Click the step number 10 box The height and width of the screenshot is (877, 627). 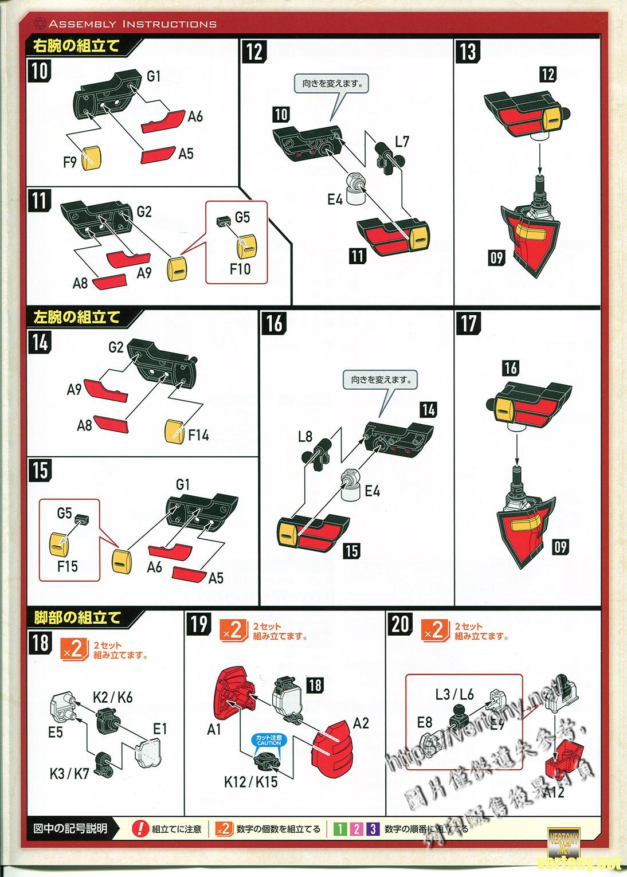(x=40, y=71)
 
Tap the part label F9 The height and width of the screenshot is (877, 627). (x=69, y=163)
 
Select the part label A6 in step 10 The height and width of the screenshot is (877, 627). (x=195, y=116)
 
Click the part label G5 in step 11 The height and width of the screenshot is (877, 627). (x=242, y=217)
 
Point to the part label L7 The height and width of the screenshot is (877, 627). (x=402, y=141)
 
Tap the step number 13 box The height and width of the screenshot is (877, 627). (x=468, y=52)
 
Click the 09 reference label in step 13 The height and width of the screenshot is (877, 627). (x=496, y=257)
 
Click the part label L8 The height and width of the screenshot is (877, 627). (x=305, y=437)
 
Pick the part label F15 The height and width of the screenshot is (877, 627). (x=67, y=566)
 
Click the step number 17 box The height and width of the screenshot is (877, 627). (x=468, y=323)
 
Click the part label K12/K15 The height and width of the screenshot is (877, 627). (x=250, y=781)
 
